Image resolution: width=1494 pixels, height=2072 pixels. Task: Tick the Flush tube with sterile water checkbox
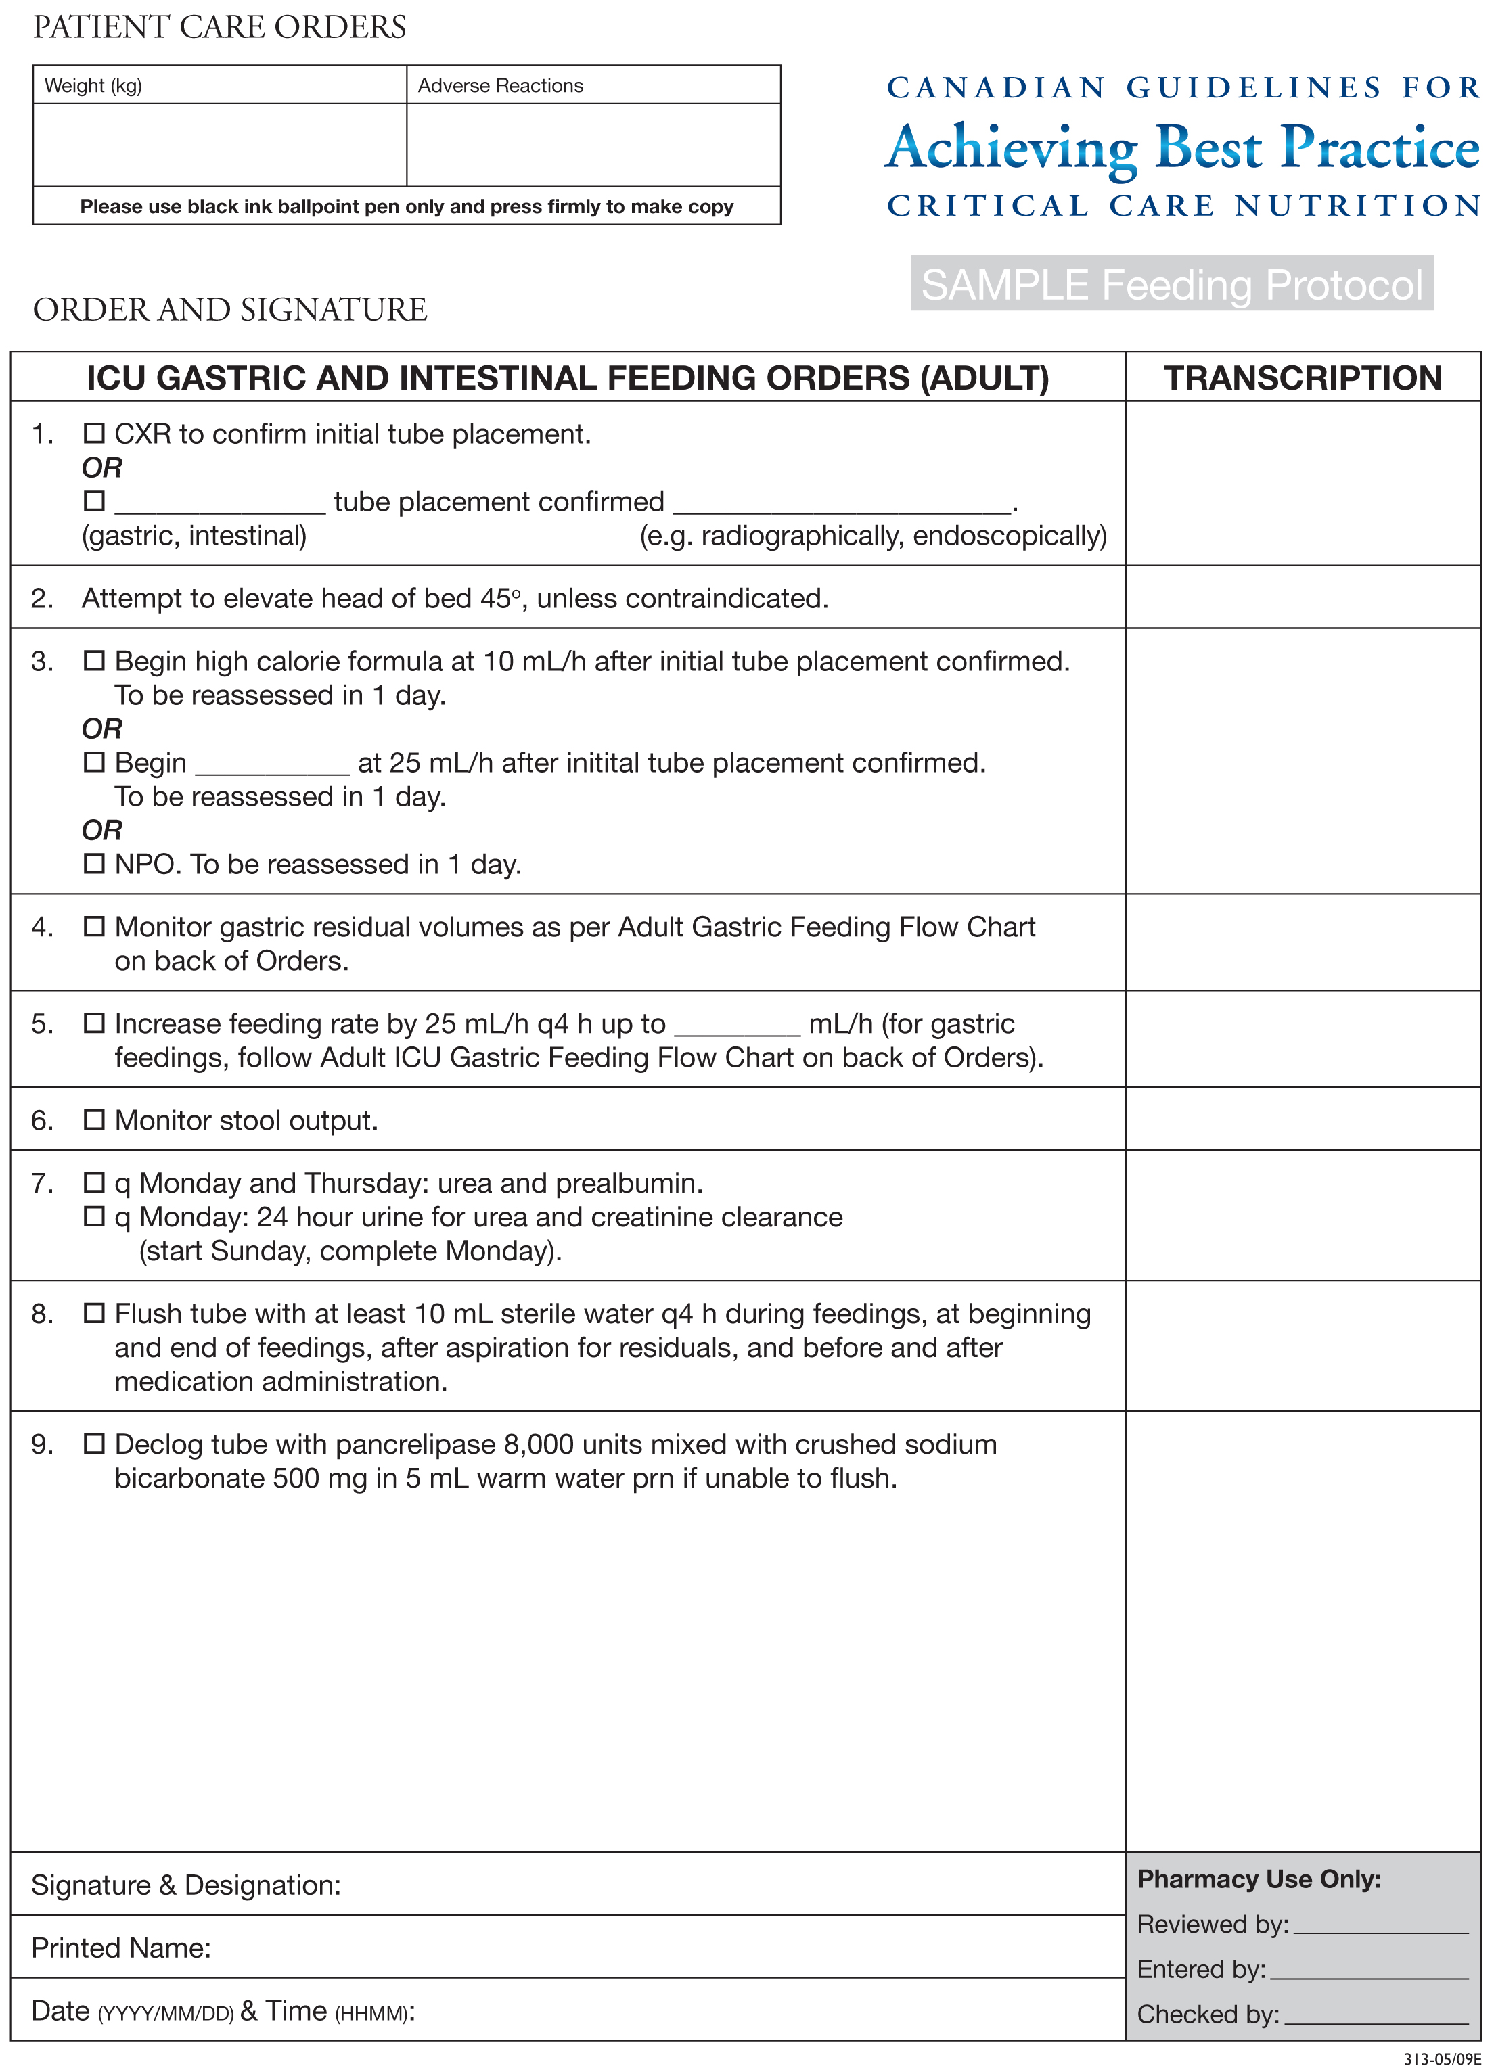(x=94, y=1313)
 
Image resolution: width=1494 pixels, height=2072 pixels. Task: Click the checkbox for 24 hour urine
(x=94, y=1216)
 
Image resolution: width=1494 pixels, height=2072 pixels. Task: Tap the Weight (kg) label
(x=93, y=86)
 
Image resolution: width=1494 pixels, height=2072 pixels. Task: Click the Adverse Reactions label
(x=500, y=86)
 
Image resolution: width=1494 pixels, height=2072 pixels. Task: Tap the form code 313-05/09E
(x=1442, y=2059)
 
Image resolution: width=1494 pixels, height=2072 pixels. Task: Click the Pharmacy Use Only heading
(x=1259, y=1879)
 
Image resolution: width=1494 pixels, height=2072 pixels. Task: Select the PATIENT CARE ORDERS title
(x=219, y=28)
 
